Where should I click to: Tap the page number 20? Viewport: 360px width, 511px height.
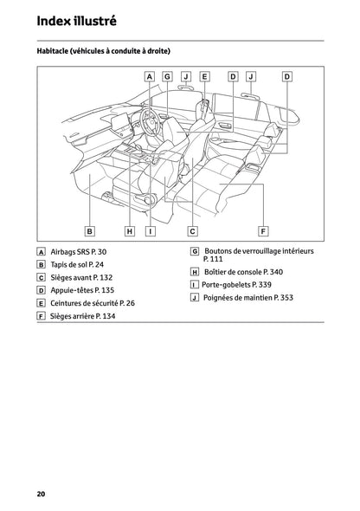pos(41,494)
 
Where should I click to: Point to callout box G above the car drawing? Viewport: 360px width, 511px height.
pos(168,76)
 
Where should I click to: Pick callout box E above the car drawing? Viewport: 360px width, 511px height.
pos(204,76)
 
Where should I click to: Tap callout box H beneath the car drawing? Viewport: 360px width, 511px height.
pos(129,231)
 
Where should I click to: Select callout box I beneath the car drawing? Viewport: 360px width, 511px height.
pos(150,231)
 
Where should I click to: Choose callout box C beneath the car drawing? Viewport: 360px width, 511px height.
pos(192,231)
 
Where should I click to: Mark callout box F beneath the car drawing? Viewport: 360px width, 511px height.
pos(263,231)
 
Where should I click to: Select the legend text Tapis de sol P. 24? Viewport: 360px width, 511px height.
pos(77,264)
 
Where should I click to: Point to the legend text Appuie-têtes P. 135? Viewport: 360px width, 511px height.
pos(82,290)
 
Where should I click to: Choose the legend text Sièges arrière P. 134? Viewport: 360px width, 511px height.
pos(82,317)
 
